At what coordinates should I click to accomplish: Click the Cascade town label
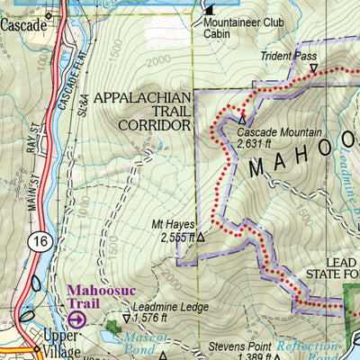tap(23, 26)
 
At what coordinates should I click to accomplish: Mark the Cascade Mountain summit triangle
tap(241, 119)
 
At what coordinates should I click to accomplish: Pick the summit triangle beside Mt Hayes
tap(201, 238)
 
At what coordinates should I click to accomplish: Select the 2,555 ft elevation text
tap(176, 238)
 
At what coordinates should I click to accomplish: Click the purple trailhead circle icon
tap(77, 319)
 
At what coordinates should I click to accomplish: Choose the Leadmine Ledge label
tap(170, 307)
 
